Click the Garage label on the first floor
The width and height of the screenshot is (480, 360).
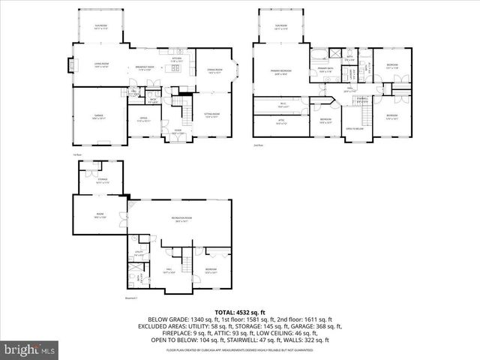tap(98, 117)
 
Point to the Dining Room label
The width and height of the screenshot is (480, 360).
tap(214, 72)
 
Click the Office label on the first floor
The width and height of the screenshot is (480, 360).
tap(142, 118)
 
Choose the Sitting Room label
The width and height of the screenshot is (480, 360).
tap(212, 115)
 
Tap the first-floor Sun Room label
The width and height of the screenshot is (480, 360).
tap(100, 25)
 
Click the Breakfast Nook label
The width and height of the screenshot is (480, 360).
tap(145, 67)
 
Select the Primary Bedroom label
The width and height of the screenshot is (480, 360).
tap(281, 72)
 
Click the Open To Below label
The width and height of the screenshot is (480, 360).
tap(355, 128)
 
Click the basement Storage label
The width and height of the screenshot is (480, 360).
tap(103, 179)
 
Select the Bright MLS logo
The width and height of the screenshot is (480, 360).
tap(30, 349)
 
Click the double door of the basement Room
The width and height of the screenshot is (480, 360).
tap(129, 203)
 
